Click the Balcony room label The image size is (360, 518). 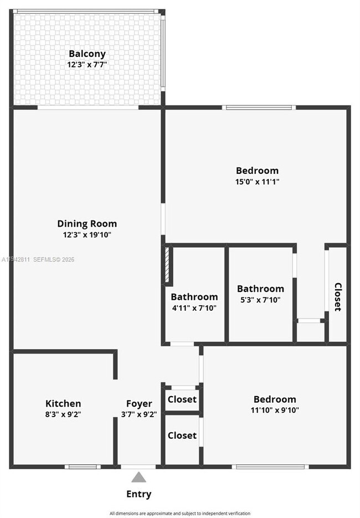[87, 54]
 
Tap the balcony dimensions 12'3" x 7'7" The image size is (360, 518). [87, 64]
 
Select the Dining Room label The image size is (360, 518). [87, 224]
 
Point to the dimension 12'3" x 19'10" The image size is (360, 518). [87, 234]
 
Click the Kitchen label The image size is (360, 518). [63, 403]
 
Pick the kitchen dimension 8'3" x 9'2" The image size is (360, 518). [63, 414]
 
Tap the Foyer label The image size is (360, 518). [138, 403]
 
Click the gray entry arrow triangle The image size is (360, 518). [138, 477]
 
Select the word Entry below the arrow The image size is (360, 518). [138, 494]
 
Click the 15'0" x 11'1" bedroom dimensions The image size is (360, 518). [257, 181]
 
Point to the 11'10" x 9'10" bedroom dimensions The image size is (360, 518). [275, 410]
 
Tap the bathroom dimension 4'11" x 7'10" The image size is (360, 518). [194, 308]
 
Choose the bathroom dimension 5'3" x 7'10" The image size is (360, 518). [260, 300]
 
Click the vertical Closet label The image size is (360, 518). [337, 297]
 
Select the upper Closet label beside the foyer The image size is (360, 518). [182, 399]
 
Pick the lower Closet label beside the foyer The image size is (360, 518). [182, 435]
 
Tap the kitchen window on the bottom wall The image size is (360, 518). [83, 466]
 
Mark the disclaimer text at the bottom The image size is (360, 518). [179, 514]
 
